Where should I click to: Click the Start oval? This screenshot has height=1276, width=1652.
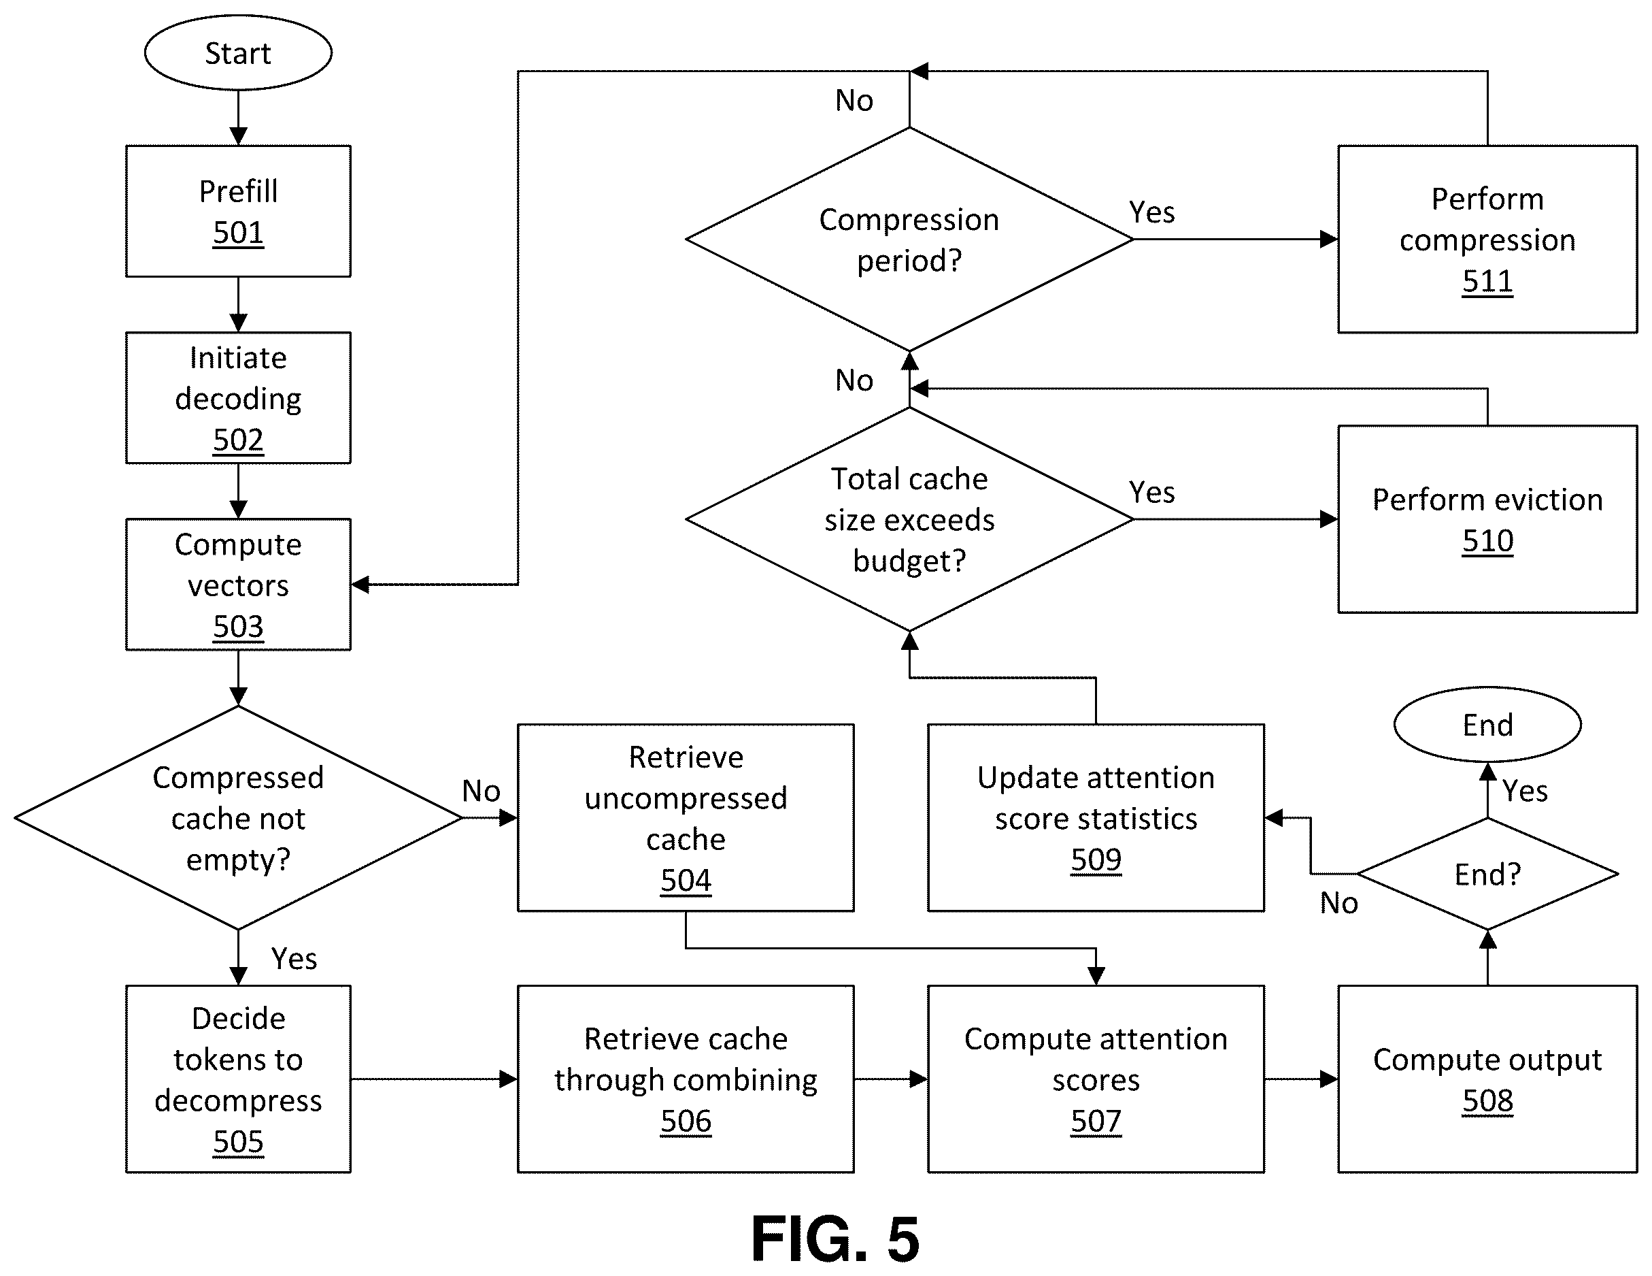238,53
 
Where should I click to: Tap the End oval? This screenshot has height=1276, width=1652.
1487,724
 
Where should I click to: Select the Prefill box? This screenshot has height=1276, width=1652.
238,211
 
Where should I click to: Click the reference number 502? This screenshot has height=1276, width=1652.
238,440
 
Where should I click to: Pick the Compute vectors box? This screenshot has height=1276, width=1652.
238,585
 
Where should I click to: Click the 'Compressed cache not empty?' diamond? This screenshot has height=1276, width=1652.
238,817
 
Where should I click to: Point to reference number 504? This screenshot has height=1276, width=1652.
686,880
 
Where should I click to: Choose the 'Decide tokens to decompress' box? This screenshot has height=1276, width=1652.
238,1079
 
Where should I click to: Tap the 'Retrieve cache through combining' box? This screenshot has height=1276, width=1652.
686,1079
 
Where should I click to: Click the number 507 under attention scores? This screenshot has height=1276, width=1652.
1096,1121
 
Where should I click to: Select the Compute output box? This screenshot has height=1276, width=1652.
1487,1079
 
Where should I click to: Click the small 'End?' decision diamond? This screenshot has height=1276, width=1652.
1487,873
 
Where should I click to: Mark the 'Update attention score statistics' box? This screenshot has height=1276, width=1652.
1096,817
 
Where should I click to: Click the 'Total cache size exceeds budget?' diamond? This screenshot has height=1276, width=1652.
909,519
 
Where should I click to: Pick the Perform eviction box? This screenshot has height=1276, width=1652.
1487,519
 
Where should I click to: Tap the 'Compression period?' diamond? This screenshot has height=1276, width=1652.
909,239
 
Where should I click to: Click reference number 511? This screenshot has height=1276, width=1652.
1487,281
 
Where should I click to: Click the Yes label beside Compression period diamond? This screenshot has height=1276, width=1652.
1152,212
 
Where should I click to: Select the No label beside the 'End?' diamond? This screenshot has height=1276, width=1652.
1339,903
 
